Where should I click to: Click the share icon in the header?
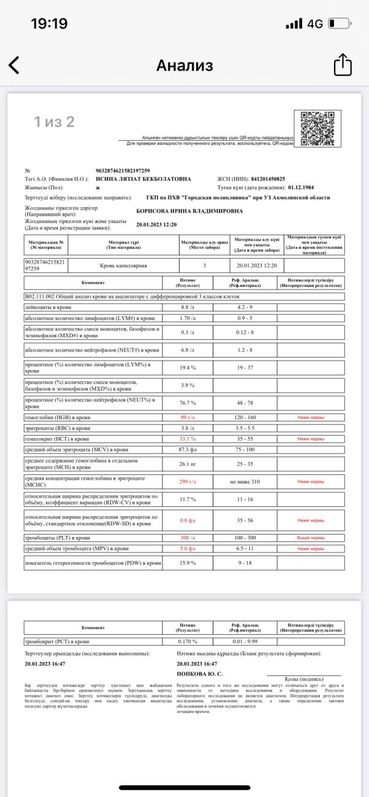pos(342,65)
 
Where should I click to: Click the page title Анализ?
pos(184,65)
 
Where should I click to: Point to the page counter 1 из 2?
pos(54,122)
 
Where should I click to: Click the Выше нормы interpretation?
pos(311,538)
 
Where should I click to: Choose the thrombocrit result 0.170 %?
pos(188,642)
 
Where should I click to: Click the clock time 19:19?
pos(49,23)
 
